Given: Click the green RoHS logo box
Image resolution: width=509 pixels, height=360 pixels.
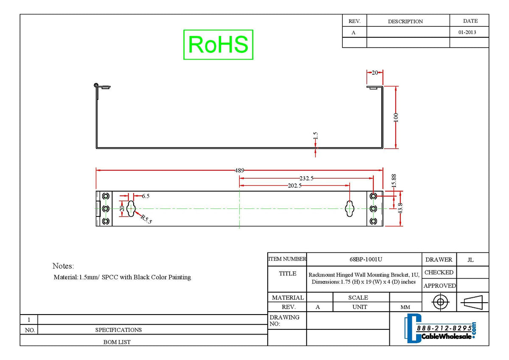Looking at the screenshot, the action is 218,45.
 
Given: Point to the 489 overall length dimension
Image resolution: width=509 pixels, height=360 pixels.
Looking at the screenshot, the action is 239,170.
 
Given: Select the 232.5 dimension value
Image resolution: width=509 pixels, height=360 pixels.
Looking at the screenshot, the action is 306,178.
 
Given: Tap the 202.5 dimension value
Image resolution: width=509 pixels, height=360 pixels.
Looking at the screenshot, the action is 294,186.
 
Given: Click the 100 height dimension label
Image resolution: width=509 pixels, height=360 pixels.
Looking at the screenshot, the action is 396,117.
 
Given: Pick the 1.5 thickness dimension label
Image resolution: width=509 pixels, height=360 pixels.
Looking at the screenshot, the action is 316,135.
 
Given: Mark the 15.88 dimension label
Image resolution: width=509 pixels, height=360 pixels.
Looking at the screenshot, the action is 394,181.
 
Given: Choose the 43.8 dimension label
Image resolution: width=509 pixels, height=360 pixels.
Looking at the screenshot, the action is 400,208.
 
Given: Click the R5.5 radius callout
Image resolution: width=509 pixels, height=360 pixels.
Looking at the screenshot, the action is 146,219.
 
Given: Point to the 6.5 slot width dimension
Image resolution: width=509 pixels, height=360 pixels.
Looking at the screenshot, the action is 145,196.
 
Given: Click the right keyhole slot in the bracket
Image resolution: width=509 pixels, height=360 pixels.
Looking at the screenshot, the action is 350,208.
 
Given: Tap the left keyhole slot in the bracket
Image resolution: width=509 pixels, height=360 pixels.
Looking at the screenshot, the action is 131,208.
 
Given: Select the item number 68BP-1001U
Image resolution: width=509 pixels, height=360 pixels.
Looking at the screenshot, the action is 366,259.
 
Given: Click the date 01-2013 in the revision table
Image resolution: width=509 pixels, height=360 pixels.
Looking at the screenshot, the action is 467,32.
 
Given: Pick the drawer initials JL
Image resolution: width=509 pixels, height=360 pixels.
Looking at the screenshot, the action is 470,260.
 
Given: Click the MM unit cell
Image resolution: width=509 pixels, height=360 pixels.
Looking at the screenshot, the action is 405,307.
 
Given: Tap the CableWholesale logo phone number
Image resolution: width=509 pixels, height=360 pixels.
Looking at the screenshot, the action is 444,328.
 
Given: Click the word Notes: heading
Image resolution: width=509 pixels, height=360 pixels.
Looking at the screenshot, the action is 63,266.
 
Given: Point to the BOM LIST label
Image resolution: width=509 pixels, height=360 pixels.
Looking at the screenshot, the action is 117,342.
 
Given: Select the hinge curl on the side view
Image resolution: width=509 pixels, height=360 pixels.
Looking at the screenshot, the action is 96,85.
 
